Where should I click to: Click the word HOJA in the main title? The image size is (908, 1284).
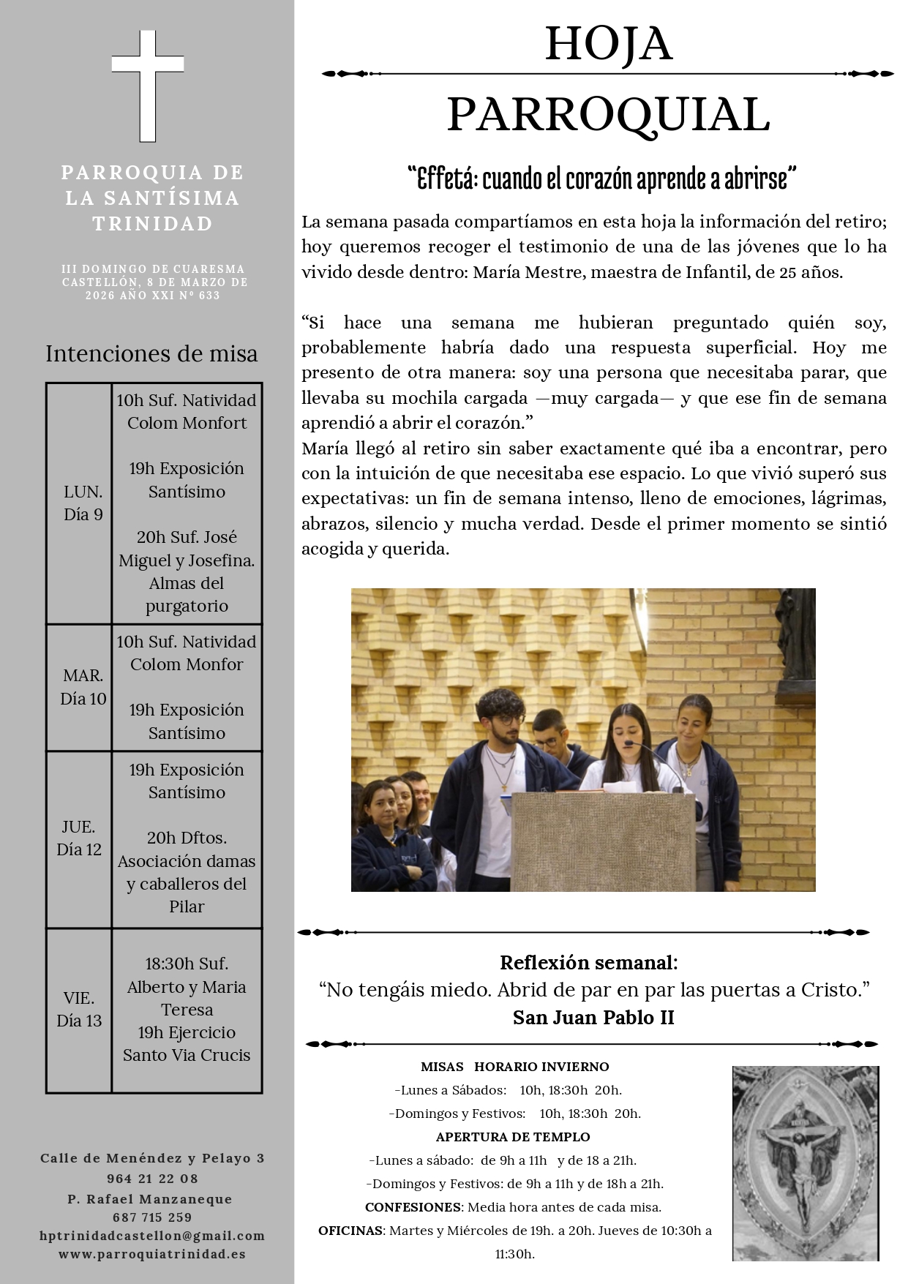608,44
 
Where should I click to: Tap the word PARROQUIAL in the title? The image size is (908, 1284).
608,115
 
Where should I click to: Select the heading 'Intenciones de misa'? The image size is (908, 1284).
151,354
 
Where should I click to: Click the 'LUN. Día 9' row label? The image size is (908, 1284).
83,503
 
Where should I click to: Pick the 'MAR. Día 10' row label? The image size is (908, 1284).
83,687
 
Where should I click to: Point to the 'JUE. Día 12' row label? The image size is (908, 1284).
79,838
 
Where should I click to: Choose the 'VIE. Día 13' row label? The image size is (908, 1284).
79,1009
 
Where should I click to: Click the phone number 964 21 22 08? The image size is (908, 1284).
152,1178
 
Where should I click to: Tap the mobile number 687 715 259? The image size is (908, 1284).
152,1217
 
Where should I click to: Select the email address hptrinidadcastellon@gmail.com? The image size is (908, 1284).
152,1235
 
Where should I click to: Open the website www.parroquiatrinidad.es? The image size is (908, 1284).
152,1253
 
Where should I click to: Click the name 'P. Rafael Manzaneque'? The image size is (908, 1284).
150,1198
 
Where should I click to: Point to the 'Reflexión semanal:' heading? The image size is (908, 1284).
589,962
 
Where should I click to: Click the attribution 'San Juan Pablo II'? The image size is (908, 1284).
593,1017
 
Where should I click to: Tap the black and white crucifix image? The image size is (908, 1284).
805,1163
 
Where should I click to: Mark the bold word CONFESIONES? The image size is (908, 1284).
413,1206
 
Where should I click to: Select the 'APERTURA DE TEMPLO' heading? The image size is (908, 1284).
512,1136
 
